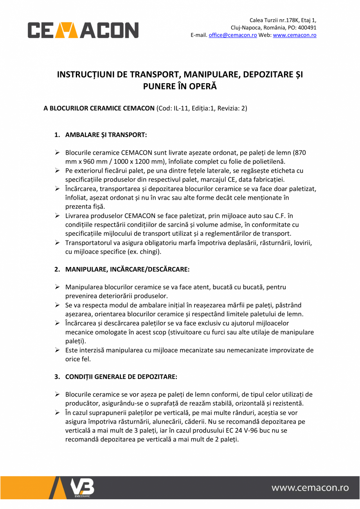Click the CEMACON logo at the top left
point(83,30)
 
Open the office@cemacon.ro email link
point(232,35)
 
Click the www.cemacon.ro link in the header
point(294,35)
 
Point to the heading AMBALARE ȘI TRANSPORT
point(106,135)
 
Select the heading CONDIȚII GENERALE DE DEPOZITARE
point(121,377)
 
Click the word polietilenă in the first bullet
point(265,161)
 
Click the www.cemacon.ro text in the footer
point(310,487)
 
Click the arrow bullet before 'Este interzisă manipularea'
point(57,350)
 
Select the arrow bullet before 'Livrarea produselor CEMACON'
point(57,216)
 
